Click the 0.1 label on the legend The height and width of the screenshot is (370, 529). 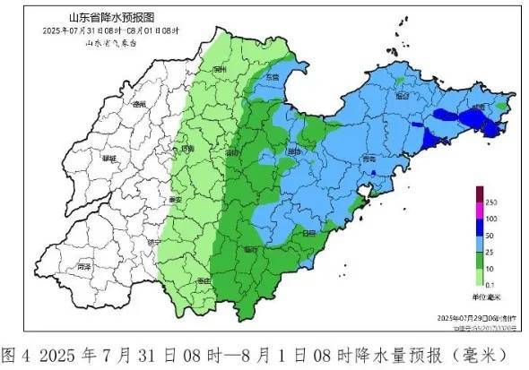pyautogui.click(x=492, y=284)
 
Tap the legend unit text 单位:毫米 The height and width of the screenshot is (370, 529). pyautogui.click(x=486, y=296)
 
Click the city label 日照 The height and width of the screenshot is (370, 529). pyautogui.click(x=310, y=233)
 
